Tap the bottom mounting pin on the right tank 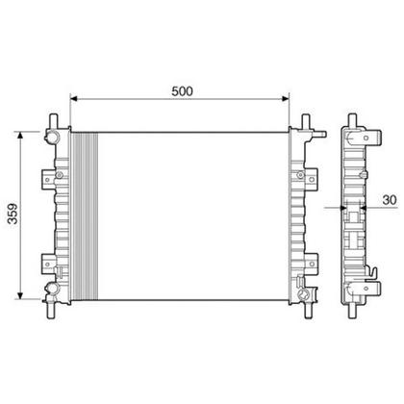(x=306, y=309)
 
